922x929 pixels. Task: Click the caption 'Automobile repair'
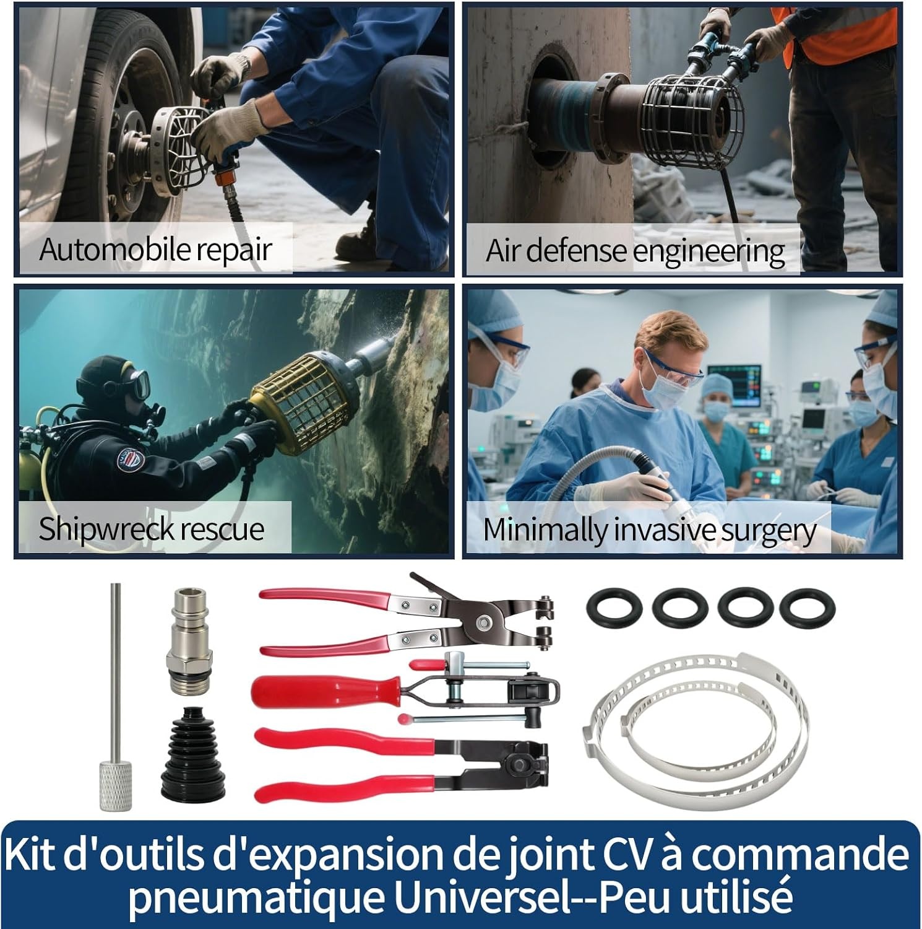coord(155,249)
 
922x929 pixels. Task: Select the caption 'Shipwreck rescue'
coord(152,529)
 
